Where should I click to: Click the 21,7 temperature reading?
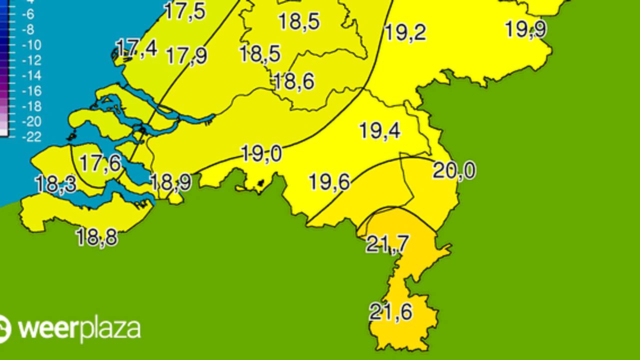click(x=387, y=244)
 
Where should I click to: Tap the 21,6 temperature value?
click(x=391, y=312)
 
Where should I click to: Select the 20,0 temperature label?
click(x=454, y=171)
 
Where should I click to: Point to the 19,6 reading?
click(x=329, y=182)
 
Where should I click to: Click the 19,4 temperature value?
click(x=380, y=131)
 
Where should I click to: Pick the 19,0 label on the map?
click(x=261, y=153)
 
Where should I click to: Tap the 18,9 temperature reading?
click(x=171, y=182)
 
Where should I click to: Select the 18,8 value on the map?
click(x=97, y=237)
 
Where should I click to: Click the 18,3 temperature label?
click(x=55, y=184)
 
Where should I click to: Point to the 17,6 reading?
click(x=100, y=163)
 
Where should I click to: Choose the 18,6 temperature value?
click(x=293, y=81)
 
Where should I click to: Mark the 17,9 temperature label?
click(x=186, y=55)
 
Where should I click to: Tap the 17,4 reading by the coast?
click(x=136, y=48)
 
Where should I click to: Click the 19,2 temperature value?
click(x=405, y=32)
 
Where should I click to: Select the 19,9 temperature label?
click(x=525, y=29)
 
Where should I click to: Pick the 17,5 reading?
click(x=185, y=11)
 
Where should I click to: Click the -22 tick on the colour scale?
click(x=31, y=137)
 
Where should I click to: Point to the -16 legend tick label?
click(x=31, y=91)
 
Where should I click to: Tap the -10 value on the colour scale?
click(x=31, y=45)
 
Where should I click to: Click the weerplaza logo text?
click(x=79, y=329)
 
